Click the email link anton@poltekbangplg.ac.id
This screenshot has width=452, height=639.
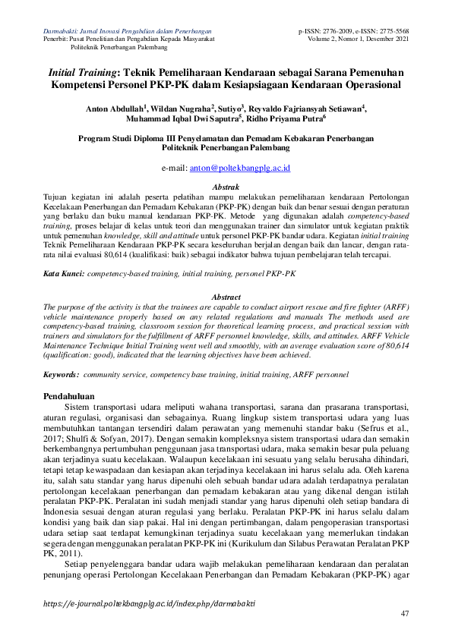(x=246, y=168)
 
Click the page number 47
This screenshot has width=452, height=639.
(x=404, y=613)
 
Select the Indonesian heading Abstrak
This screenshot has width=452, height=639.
(x=226, y=187)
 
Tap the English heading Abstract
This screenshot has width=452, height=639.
(x=226, y=297)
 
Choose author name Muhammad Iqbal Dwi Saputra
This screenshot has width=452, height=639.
(x=185, y=120)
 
